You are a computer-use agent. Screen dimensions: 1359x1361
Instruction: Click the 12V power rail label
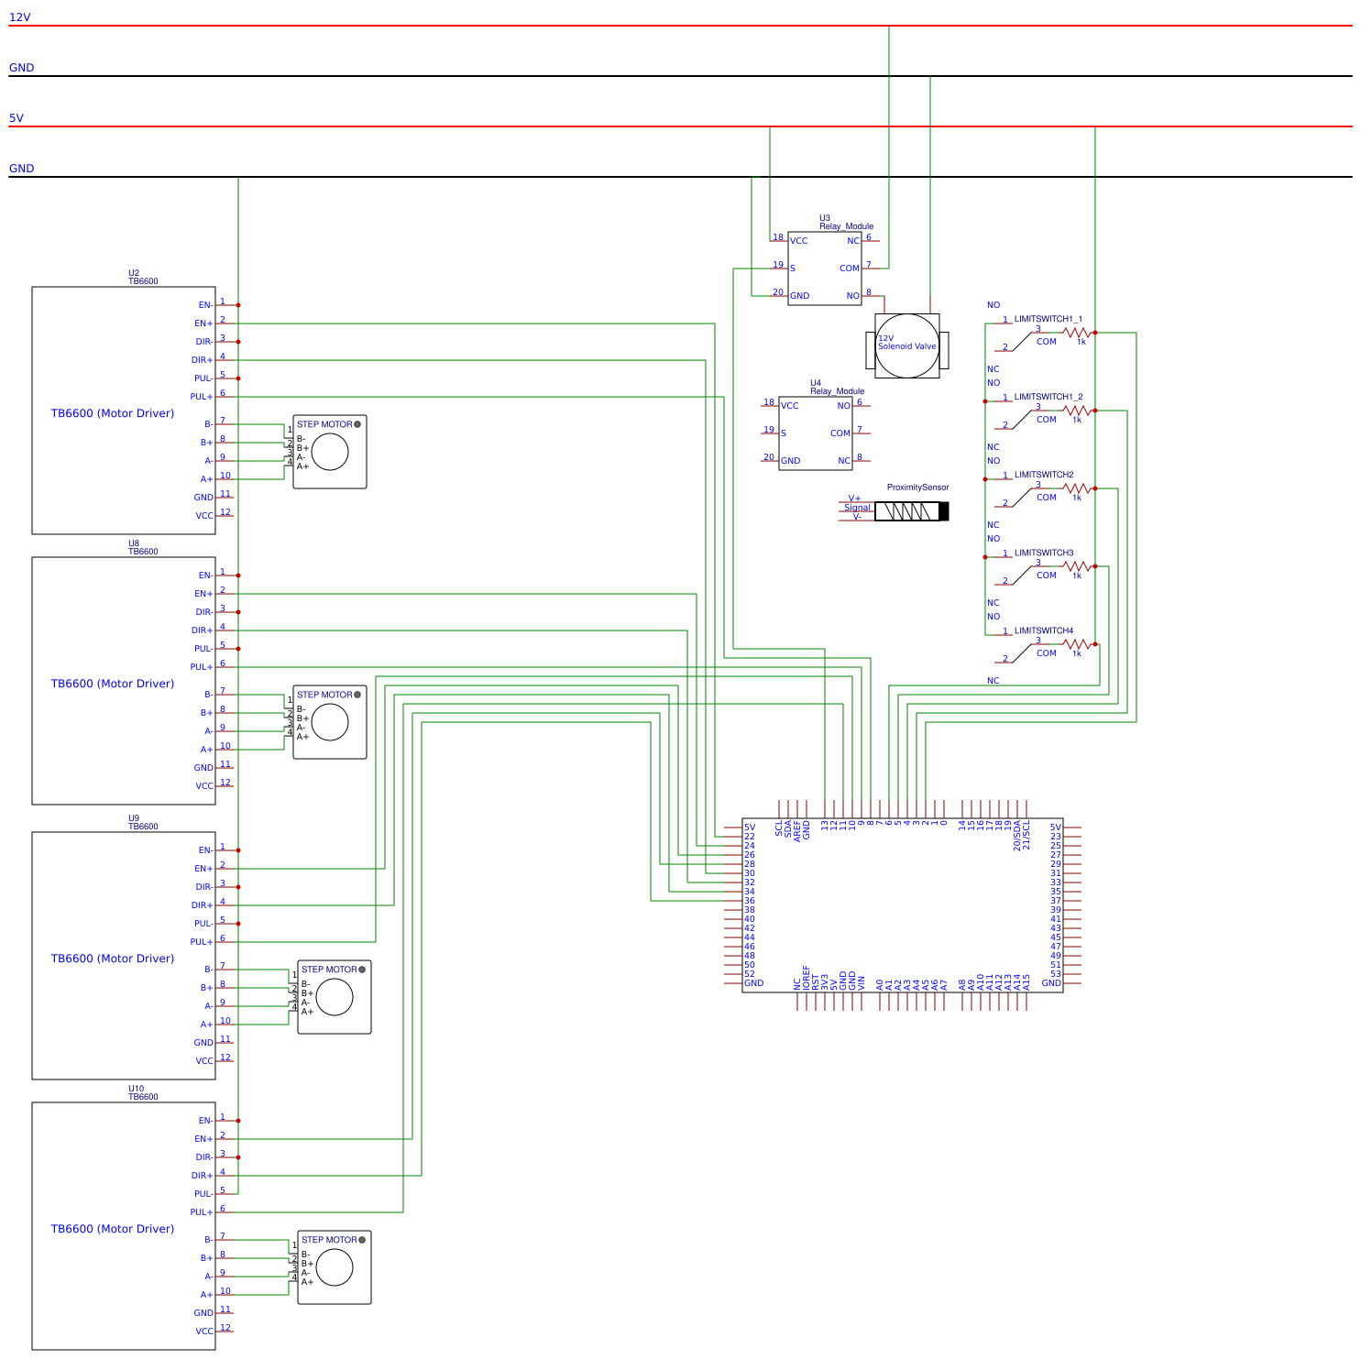19,17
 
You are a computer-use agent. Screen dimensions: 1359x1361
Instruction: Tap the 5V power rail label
16,118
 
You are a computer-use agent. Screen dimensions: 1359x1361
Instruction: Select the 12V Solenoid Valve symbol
906,345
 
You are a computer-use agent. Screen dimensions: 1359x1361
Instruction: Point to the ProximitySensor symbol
911,511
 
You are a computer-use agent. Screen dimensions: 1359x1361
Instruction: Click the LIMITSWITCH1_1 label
1048,319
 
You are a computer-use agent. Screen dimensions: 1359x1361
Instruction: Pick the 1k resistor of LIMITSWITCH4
1078,645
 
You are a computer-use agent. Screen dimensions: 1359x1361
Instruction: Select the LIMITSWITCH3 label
1043,553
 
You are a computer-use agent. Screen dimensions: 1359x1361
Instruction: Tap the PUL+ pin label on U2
201,397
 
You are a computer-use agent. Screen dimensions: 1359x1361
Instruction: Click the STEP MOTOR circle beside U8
330,722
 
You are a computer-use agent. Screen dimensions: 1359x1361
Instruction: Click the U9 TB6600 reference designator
142,822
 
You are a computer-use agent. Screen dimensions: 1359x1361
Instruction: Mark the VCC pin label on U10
203,1332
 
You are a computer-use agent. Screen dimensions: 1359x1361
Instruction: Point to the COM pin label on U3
849,269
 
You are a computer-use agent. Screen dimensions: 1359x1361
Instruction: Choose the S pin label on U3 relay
792,269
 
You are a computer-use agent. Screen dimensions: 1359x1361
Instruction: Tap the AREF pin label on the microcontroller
797,829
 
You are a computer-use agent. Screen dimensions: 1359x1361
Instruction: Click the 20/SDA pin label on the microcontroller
1016,835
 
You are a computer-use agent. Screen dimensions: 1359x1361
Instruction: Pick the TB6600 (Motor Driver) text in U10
112,1229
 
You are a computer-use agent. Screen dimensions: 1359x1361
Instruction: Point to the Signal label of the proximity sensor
857,508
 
